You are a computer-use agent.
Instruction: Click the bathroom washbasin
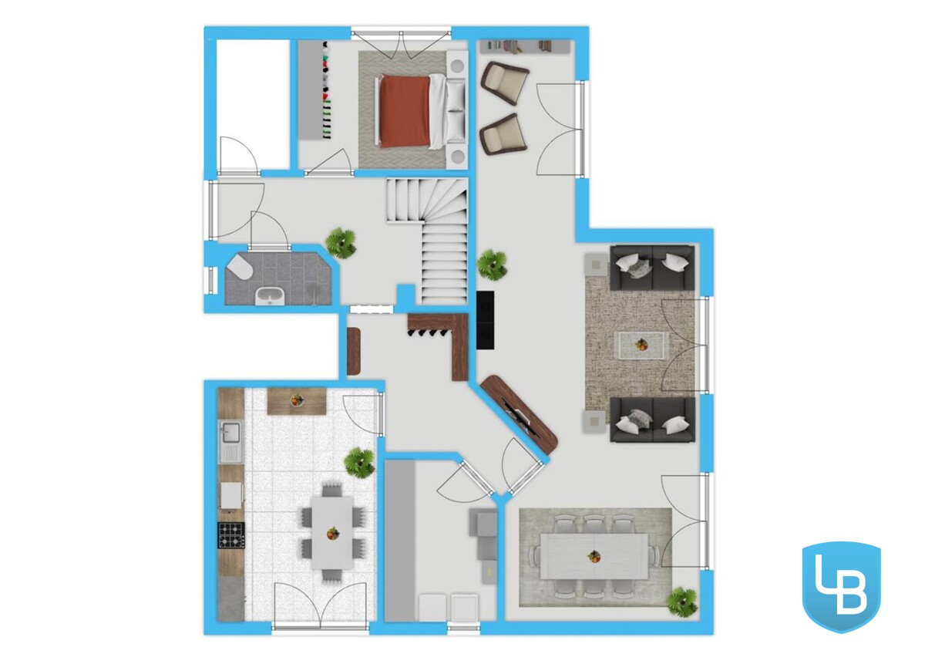coord(270,297)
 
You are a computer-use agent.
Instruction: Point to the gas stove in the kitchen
coord(230,535)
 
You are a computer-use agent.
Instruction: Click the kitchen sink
coord(230,441)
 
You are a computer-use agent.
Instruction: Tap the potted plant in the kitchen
coord(360,464)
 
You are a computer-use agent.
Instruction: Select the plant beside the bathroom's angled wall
coord(341,243)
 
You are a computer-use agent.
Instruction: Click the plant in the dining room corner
coord(683,602)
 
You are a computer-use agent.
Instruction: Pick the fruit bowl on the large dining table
coord(594,557)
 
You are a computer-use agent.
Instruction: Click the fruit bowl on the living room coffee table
coord(641,344)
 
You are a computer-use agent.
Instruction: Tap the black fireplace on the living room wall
coord(485,320)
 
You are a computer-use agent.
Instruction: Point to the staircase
coord(427,241)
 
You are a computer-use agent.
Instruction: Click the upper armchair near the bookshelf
coord(505,82)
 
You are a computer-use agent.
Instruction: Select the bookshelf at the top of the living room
coord(524,46)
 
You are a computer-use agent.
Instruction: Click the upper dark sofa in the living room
coord(652,268)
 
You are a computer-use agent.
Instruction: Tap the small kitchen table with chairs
coord(332,533)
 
